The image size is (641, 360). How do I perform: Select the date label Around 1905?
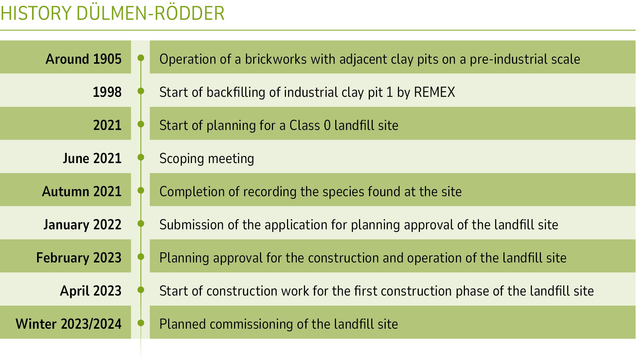84,59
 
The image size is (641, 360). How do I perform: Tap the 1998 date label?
107,92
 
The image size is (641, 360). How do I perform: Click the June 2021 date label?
92,158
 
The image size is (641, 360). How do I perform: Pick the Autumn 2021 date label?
82,192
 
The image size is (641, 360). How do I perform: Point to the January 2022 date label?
82,225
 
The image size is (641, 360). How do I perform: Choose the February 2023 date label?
79,258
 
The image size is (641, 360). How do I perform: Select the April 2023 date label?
91,291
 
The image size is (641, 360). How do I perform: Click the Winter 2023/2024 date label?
68,324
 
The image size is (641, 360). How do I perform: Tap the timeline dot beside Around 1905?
141,58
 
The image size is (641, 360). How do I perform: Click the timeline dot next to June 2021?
141,157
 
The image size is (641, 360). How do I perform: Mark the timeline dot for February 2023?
141,257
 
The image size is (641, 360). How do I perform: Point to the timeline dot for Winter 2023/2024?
141,323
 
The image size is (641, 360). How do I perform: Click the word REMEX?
435,92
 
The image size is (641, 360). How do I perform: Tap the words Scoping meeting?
207,159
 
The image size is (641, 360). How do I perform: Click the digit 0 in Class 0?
327,125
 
